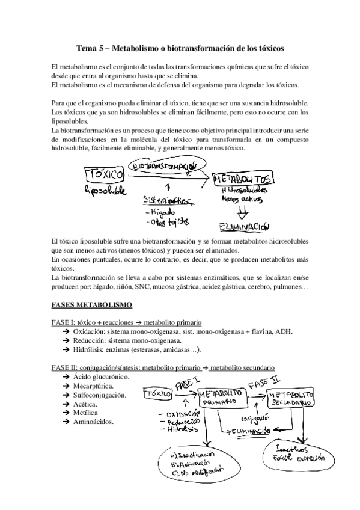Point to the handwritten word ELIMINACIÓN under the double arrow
[243, 227]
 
